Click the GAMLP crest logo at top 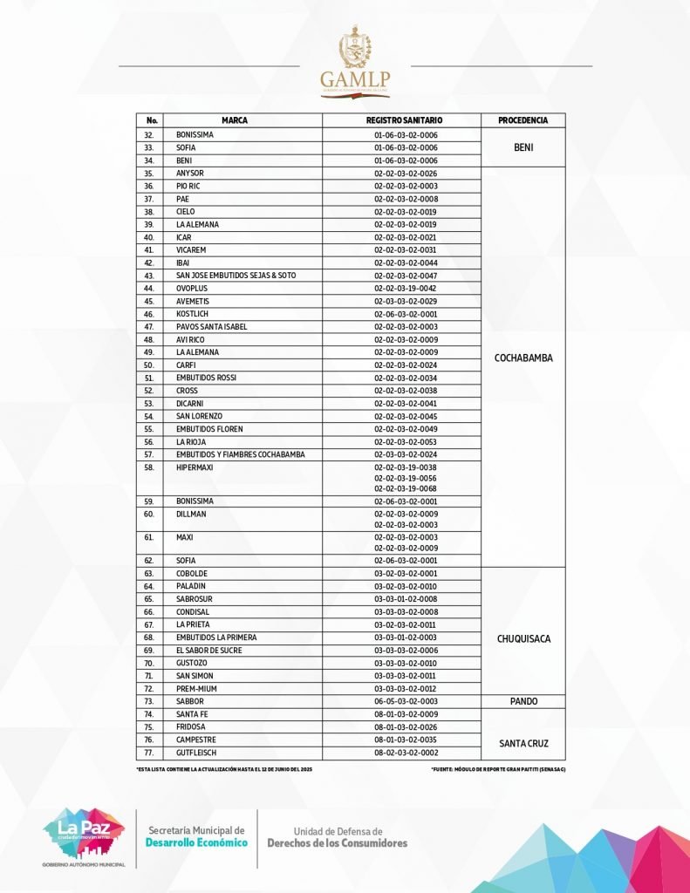pos(355,61)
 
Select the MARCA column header pos(235,120)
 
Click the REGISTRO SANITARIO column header pos(405,120)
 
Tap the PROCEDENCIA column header pos(523,120)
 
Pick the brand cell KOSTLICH pos(193,314)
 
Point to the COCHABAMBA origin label pos(523,358)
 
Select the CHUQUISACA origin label pos(523,639)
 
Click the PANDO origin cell pos(523,701)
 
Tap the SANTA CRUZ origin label pos(523,744)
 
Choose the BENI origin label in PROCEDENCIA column pos(523,148)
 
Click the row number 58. pos(149,467)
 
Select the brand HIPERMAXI pos(195,467)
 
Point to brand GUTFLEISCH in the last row pos(196,753)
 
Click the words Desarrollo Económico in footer pos(196,843)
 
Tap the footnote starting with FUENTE pos(498,770)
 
